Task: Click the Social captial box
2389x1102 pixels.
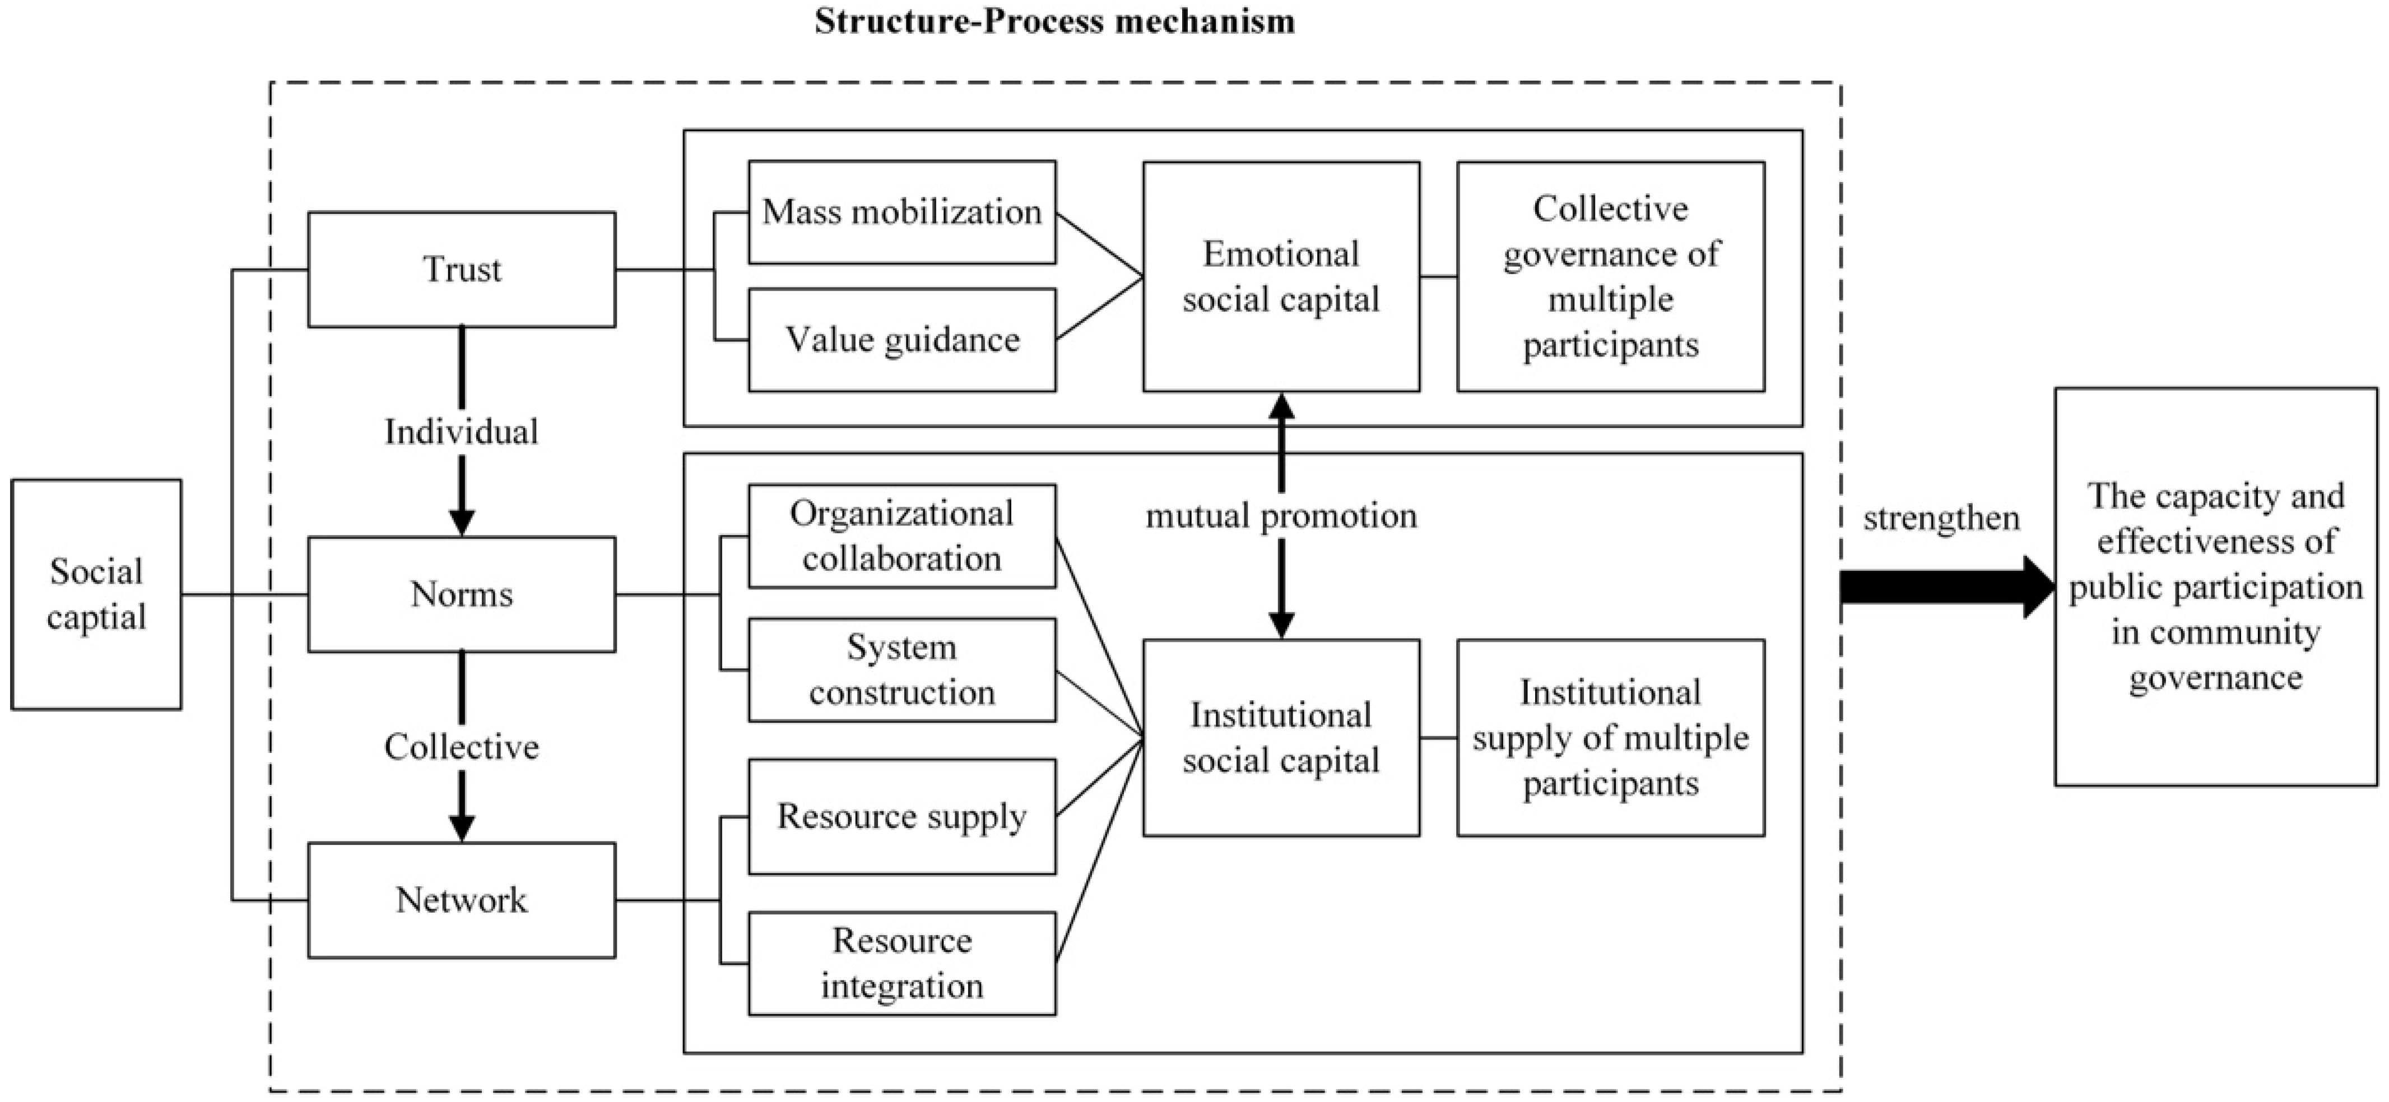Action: click(96, 594)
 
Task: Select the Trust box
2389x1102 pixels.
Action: click(462, 269)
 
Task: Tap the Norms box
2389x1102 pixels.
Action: click(462, 594)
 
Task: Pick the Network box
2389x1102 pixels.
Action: click(462, 900)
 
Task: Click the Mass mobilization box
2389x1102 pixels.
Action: click(901, 212)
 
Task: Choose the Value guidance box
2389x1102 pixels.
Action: click(901, 340)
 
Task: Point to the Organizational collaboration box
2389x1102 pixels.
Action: click(901, 536)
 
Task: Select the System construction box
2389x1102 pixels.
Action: click(901, 669)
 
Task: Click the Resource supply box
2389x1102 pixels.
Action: click(901, 816)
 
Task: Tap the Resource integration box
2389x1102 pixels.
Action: click(901, 963)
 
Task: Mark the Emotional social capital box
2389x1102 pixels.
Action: click(1281, 276)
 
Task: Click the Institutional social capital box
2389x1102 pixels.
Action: click(1281, 737)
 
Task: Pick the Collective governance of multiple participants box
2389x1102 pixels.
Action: click(1610, 276)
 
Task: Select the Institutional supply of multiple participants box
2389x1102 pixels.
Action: click(1610, 737)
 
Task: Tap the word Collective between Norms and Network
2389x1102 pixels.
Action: click(462, 747)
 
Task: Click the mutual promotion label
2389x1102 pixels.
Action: click(1281, 516)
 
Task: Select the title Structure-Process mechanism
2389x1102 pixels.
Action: click(1054, 20)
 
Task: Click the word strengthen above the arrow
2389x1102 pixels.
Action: click(1941, 518)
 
